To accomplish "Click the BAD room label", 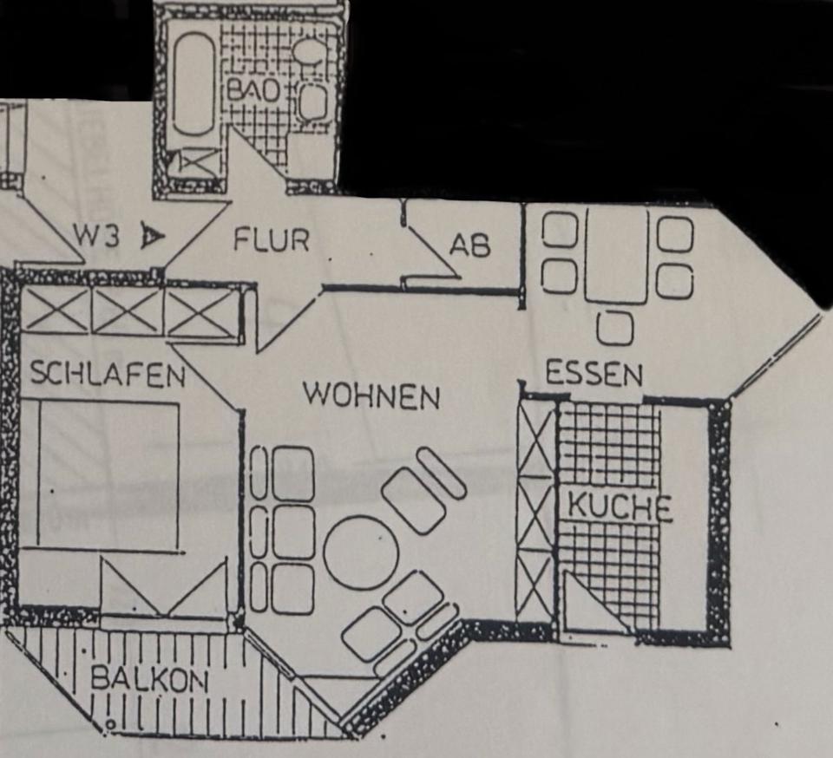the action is [x=253, y=91].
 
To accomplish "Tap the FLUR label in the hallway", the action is [x=271, y=239].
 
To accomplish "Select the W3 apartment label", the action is [x=96, y=237].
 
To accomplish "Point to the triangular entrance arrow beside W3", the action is [x=152, y=236].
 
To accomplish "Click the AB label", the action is [x=469, y=246].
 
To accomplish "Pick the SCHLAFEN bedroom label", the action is [x=108, y=375].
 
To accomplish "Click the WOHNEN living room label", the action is [x=371, y=396].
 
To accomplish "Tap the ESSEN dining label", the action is [x=594, y=375].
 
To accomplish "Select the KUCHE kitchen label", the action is [x=620, y=507].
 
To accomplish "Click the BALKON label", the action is [x=149, y=680].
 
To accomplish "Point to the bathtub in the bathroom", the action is [x=193, y=83].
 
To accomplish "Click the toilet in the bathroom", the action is [x=308, y=51].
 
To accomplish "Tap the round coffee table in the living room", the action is [x=361, y=552].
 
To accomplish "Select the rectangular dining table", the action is [x=616, y=253].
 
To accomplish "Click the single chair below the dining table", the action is [x=615, y=328].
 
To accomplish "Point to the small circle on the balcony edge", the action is [x=109, y=722].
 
